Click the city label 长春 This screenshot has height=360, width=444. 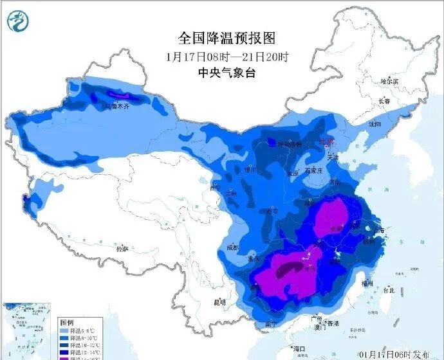click(x=384, y=101)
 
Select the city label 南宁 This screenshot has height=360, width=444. click(x=272, y=323)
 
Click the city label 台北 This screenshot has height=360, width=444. click(x=388, y=290)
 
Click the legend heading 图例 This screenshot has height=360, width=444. click(x=68, y=321)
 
